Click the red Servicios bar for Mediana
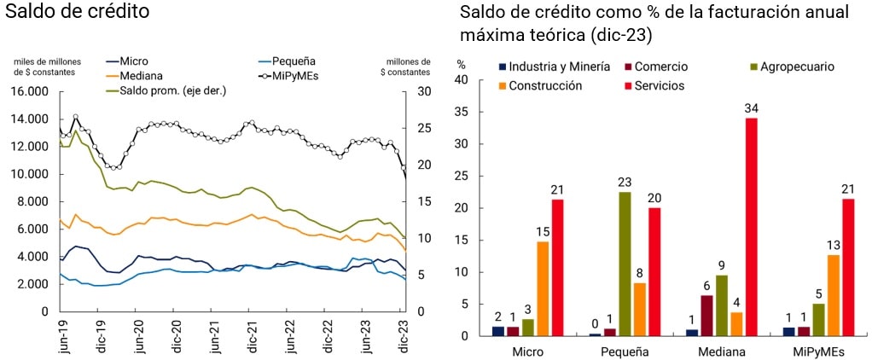tap(752, 227)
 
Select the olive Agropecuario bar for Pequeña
tap(625, 264)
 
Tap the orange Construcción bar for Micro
tap(543, 288)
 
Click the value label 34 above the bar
tap(752, 108)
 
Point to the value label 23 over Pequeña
tap(625, 182)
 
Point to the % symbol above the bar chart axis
tap(462, 64)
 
